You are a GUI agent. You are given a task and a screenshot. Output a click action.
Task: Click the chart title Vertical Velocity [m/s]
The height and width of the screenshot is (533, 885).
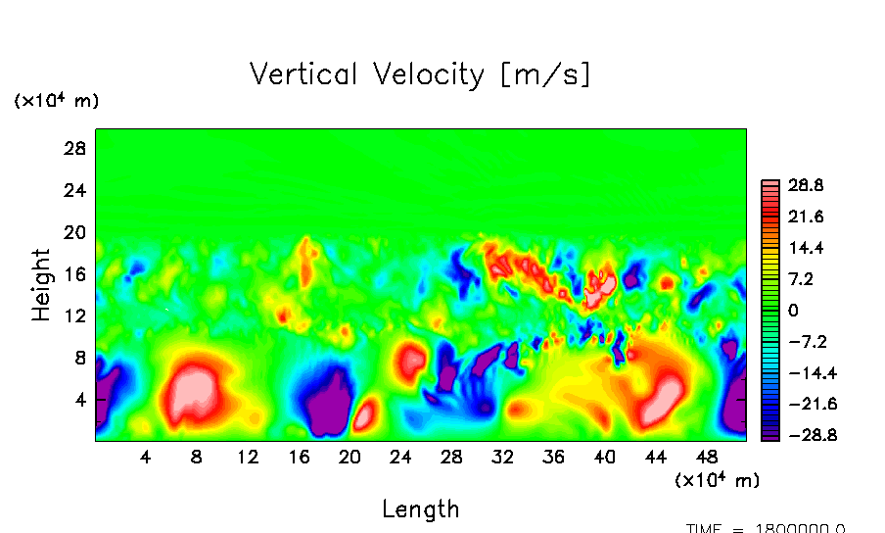420,74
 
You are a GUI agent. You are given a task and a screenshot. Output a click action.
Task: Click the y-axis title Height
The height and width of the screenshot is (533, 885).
41,284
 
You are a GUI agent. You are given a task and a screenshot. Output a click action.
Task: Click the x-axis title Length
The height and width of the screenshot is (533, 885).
420,509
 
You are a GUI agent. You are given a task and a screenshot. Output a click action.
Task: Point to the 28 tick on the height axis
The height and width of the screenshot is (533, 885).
76,149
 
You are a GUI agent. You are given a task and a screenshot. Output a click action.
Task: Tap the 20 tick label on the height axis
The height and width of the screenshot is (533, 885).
76,232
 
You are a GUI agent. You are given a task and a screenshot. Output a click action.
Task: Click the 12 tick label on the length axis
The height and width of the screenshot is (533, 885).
248,457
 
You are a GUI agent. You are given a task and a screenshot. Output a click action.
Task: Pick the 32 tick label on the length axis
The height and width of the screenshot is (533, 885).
503,457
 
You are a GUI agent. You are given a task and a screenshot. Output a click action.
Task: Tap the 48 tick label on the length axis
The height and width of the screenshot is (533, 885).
708,457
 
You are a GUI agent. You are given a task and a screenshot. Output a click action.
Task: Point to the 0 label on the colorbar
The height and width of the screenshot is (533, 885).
794,311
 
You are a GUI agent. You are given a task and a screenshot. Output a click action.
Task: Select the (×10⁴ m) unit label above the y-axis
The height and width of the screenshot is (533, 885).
56,101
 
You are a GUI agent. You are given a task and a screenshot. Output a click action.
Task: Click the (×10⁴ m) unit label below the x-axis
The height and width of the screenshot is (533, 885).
717,480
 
